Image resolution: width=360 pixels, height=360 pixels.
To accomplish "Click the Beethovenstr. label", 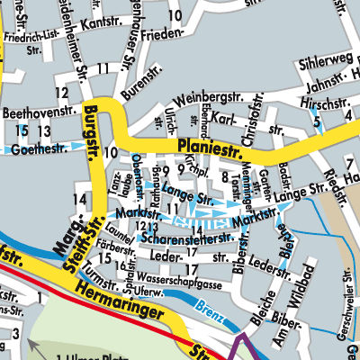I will point(38,114).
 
